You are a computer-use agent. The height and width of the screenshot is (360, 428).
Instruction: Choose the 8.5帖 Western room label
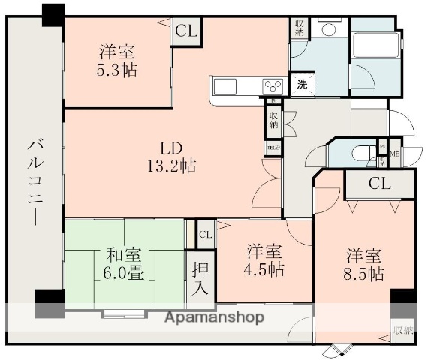(365, 262)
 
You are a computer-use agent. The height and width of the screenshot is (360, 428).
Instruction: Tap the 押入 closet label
(200, 277)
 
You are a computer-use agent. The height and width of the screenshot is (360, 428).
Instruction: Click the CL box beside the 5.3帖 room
(185, 32)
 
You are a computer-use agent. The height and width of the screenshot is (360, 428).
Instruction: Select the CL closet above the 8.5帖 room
(379, 184)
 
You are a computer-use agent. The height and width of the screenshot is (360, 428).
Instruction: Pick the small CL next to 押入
(205, 235)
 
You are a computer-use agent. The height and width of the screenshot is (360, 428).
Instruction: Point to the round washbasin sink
(328, 29)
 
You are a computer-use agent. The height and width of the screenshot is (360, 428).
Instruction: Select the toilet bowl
(361, 154)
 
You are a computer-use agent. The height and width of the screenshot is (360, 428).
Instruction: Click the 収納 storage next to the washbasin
(299, 28)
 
